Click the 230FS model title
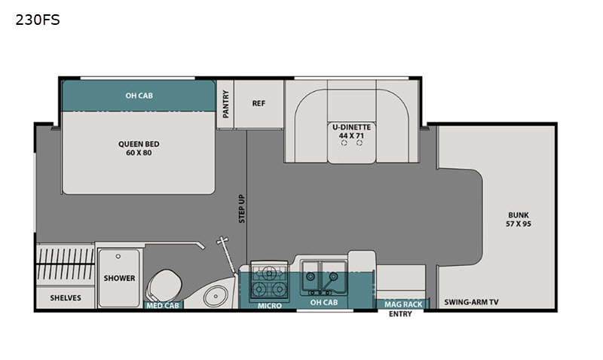38,20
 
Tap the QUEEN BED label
139,144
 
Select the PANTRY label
225,104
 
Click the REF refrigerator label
259,103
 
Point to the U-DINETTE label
351,127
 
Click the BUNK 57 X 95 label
519,219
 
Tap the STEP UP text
241,209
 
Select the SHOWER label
119,278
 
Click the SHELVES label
66,297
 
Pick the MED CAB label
163,306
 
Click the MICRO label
270,306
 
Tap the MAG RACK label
403,304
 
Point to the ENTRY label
400,314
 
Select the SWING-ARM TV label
472,302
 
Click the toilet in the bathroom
164,286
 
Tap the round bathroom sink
216,296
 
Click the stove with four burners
269,279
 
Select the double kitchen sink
324,277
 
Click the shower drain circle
118,256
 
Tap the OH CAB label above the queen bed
139,96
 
